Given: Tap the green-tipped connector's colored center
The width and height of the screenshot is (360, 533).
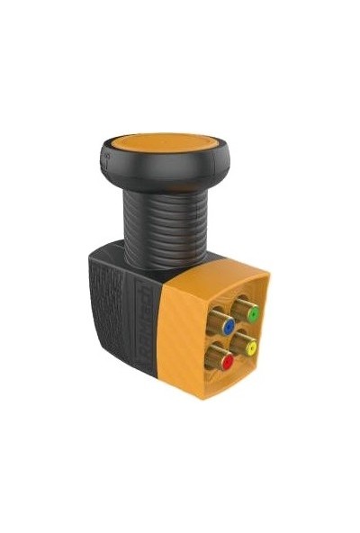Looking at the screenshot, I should coord(254,315).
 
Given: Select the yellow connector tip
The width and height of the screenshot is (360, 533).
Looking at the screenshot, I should coord(251,348).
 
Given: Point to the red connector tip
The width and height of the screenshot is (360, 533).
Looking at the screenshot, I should coord(228,362).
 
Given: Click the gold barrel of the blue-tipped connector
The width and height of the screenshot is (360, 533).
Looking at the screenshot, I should coord(219,321).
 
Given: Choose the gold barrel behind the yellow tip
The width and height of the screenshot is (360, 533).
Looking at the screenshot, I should coord(240,343).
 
